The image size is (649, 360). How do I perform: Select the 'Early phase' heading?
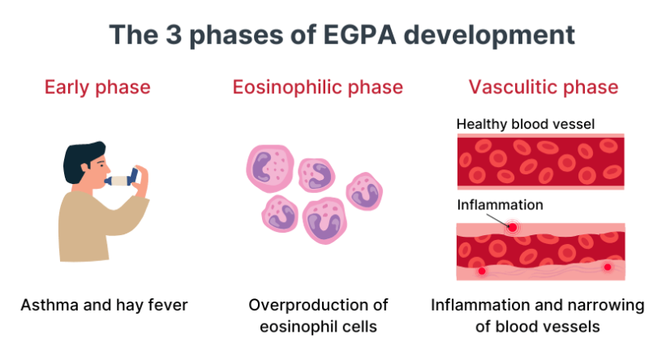[x=97, y=87]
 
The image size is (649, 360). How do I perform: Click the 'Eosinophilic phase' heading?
[x=318, y=87]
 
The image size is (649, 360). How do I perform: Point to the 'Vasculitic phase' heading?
[x=544, y=87]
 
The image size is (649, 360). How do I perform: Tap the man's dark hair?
[x=84, y=154]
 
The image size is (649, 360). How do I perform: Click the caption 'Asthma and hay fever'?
[x=104, y=306]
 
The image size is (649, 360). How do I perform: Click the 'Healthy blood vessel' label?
[x=526, y=124]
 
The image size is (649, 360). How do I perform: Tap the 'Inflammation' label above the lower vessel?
[x=500, y=204]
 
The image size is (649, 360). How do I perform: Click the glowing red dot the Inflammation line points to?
[x=512, y=228]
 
